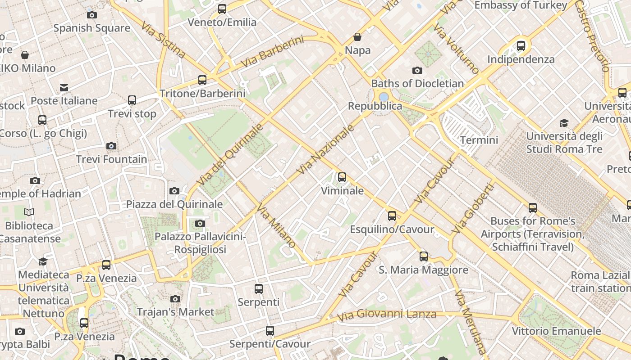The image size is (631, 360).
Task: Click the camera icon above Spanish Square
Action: [92, 15]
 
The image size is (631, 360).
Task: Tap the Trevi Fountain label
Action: [111, 159]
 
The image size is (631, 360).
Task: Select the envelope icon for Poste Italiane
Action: [64, 87]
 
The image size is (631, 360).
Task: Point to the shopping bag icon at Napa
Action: [357, 37]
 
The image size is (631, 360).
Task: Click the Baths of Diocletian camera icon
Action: [417, 70]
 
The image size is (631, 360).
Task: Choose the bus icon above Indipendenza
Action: [521, 45]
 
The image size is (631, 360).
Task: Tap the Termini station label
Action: [479, 140]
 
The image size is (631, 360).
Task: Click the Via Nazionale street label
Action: [325, 150]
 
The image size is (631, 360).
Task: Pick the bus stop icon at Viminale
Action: [342, 177]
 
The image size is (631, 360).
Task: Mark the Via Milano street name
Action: [276, 225]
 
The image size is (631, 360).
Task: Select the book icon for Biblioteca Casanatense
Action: [29, 212]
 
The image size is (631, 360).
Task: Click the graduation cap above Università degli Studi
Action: [564, 123]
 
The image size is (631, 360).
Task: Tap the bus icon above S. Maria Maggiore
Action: [424, 256]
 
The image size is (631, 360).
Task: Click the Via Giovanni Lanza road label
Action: [387, 315]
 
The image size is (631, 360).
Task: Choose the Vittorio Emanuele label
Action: [556, 331]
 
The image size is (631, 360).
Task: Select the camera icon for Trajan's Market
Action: [175, 299]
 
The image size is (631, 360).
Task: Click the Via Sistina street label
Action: [163, 39]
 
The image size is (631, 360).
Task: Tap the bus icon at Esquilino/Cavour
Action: [392, 216]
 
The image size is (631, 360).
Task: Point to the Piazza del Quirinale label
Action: [174, 204]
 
